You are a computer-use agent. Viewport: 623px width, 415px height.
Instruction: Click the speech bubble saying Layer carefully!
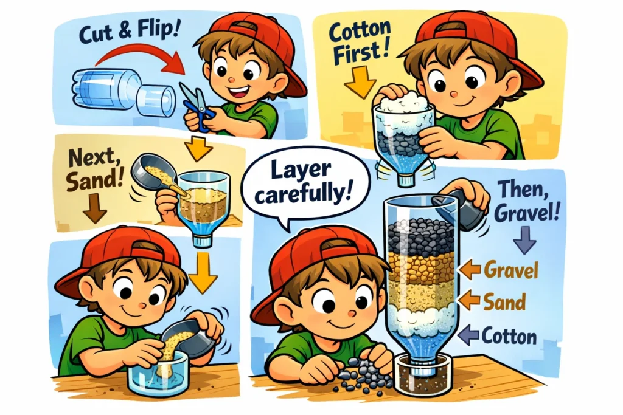point(298,182)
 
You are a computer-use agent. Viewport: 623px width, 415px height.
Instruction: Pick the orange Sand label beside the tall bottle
point(505,299)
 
